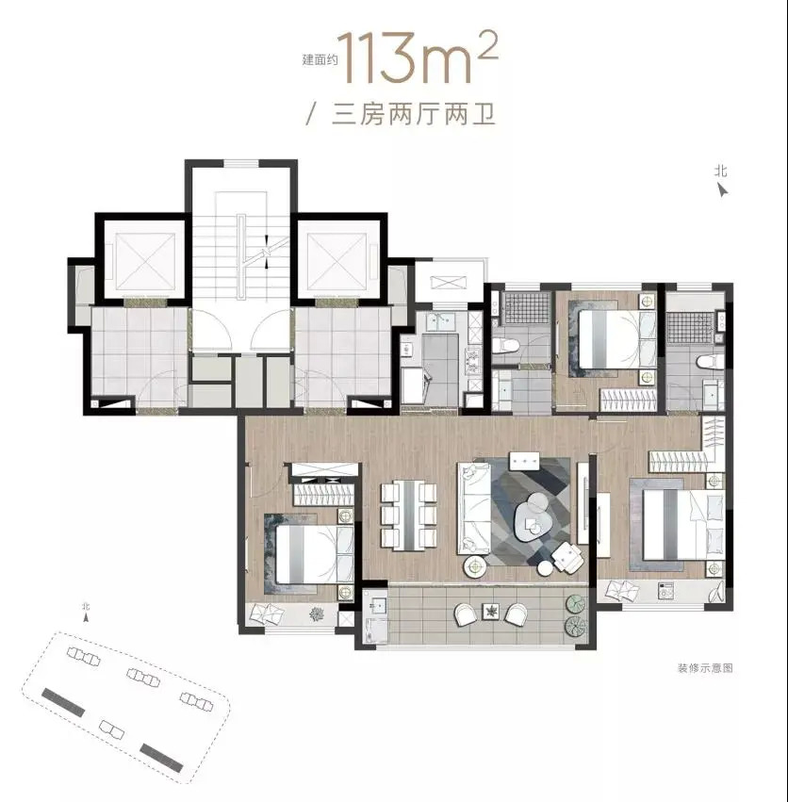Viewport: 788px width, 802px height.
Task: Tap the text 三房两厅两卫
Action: [x=414, y=115]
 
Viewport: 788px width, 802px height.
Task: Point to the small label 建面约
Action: [x=320, y=59]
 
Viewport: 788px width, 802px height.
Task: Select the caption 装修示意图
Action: [x=705, y=668]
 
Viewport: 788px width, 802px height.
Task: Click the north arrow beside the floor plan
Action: [x=722, y=190]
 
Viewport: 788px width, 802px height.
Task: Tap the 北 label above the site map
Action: [x=86, y=607]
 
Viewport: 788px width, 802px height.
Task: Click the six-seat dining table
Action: [x=409, y=516]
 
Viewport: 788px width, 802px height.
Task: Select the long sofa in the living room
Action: [x=474, y=508]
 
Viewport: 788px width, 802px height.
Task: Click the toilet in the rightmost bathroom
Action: [x=711, y=362]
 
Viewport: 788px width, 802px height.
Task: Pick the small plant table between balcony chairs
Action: [x=491, y=611]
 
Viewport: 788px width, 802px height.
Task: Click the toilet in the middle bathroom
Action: [x=509, y=346]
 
